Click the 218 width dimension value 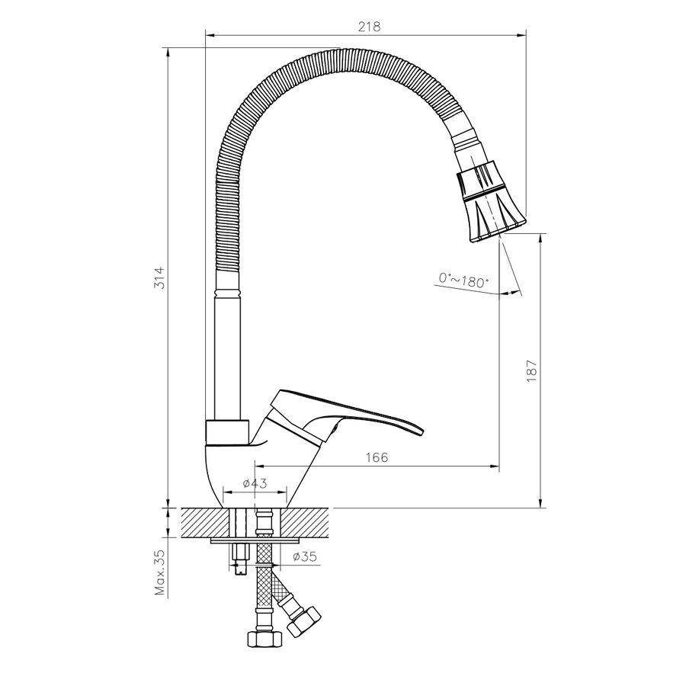point(370,27)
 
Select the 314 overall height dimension point(160,277)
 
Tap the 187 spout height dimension point(531,371)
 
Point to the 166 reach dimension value point(377,457)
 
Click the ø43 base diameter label point(255,483)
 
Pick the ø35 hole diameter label point(304,556)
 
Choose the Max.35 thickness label point(161,572)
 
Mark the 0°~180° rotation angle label point(463,280)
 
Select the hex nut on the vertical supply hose point(262,640)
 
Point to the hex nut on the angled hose point(304,620)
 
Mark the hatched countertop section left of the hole point(205,523)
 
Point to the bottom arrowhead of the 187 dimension point(541,503)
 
